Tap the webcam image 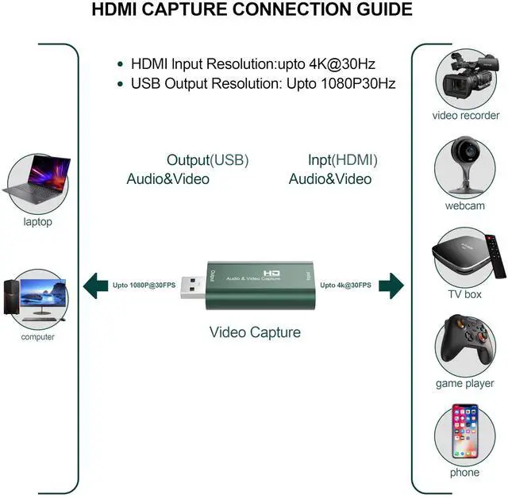tap(464, 166)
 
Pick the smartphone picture tap(465, 432)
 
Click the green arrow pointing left tap(96, 284)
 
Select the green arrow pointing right tap(391, 284)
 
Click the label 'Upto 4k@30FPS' tap(345, 285)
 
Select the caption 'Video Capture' tap(255, 331)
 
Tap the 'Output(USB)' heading tap(207, 160)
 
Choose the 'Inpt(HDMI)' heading tap(343, 160)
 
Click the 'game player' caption tap(464, 384)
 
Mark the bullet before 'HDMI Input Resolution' tap(121, 64)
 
